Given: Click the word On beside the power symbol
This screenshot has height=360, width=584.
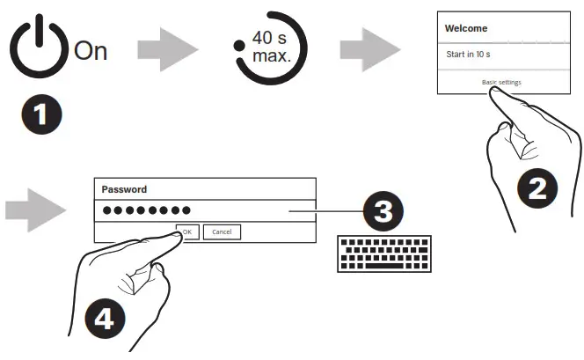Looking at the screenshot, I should pyautogui.click(x=90, y=51).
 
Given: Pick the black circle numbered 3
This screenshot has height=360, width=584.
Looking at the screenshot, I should pyautogui.click(x=384, y=210).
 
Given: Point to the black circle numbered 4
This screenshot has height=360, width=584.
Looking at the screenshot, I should pyautogui.click(x=104, y=318).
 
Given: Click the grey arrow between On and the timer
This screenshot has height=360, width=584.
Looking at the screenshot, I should pyautogui.click(x=166, y=49).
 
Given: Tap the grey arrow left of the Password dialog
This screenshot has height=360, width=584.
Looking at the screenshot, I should pyautogui.click(x=35, y=209).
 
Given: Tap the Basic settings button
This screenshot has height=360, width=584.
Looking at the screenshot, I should pyautogui.click(x=501, y=82).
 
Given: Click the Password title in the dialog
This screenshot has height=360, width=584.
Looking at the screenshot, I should pyautogui.click(x=124, y=188).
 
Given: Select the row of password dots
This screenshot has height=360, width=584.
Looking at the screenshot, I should pyautogui.click(x=146, y=210).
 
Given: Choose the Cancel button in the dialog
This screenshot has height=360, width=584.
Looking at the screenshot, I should pyautogui.click(x=222, y=231).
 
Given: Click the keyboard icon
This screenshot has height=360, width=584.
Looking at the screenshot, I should pyautogui.click(x=384, y=253).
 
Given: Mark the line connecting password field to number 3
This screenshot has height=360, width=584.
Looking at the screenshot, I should pyautogui.click(x=325, y=211).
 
